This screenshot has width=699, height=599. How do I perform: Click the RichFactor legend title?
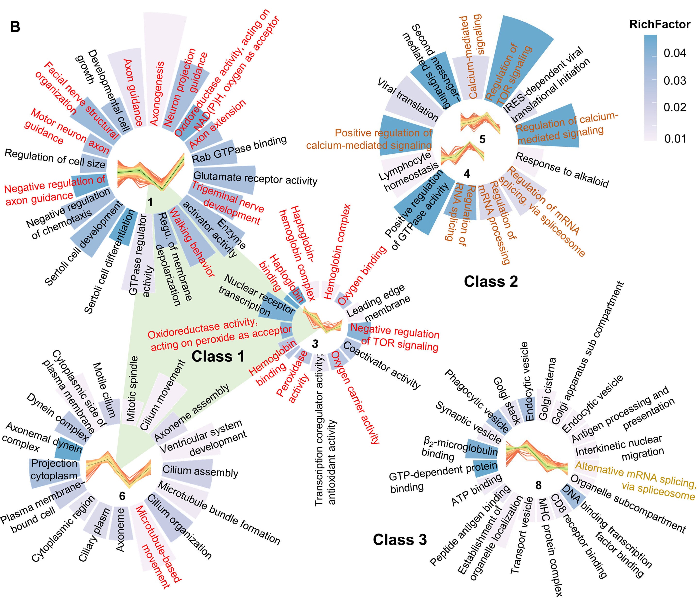point(659,25)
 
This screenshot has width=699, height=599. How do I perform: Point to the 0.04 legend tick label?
point(674,53)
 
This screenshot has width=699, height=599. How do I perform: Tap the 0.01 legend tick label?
point(674,138)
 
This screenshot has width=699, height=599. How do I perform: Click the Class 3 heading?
point(399,540)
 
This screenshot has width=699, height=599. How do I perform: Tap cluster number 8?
point(538,485)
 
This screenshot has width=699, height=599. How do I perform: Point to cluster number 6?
point(122,496)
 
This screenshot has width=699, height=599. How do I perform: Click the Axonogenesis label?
point(157,93)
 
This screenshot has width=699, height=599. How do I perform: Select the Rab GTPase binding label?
point(239,150)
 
